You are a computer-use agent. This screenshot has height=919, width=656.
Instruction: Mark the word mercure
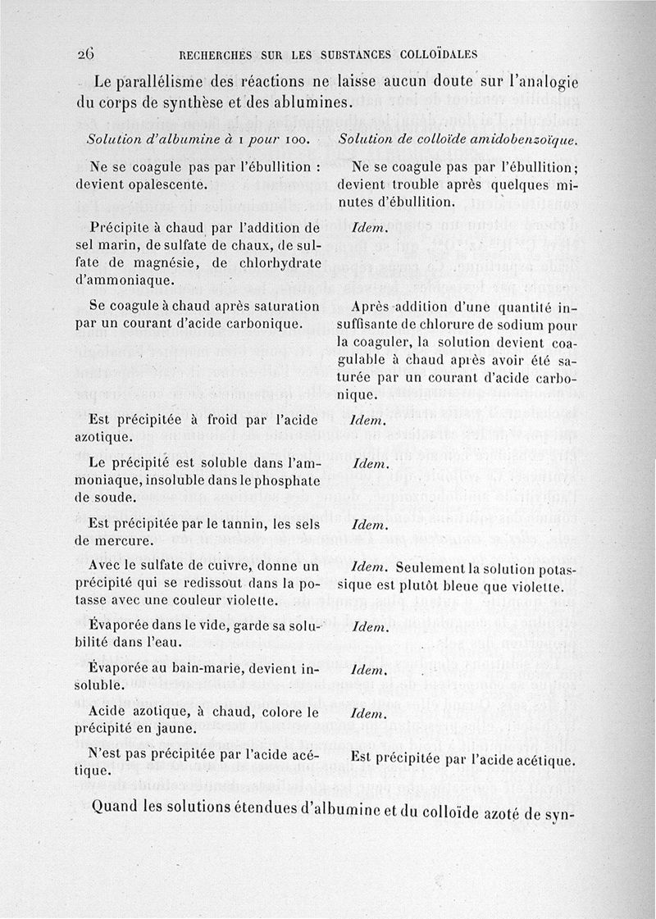123,540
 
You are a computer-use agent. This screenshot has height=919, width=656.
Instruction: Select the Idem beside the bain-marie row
368,669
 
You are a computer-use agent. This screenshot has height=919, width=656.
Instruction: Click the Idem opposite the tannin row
368,523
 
